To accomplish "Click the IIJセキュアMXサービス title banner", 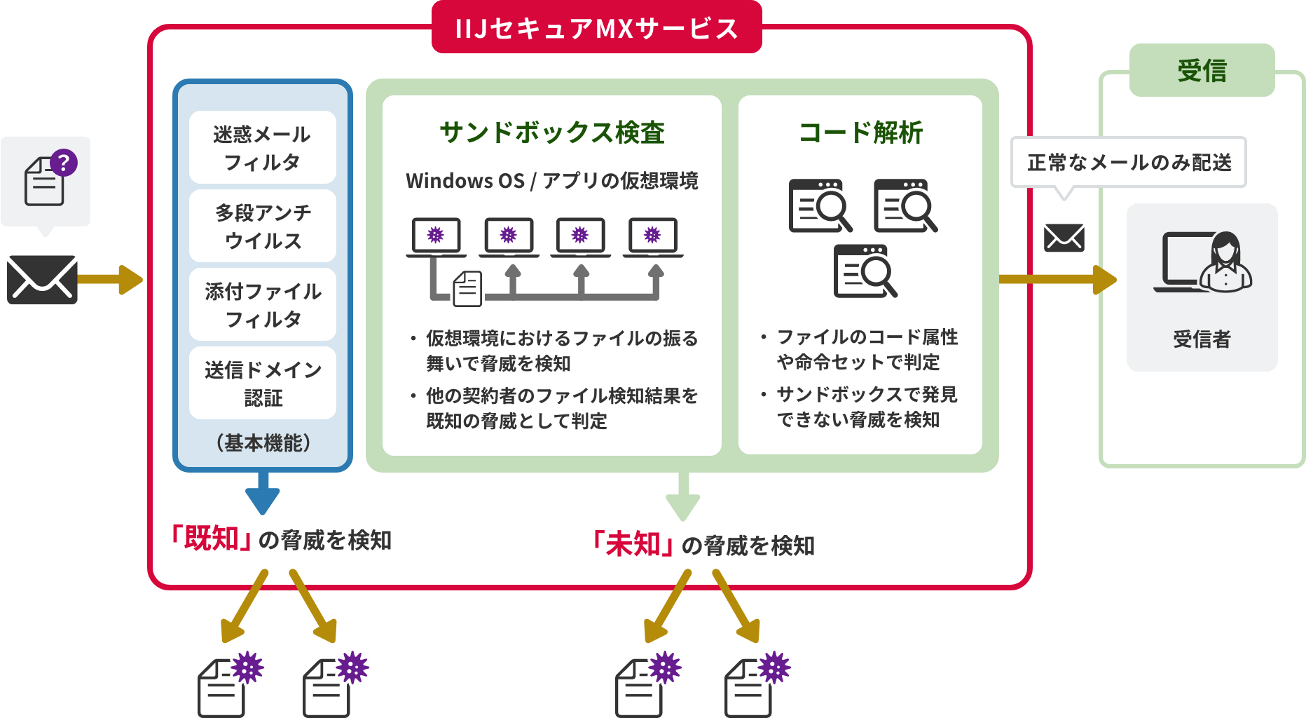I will click(596, 28).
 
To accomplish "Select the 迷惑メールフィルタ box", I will click(262, 148).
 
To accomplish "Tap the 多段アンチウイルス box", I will click(262, 226).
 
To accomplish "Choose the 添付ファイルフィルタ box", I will click(262, 305).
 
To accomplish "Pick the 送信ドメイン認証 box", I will click(262, 384).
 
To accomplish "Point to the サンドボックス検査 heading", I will click(552, 133).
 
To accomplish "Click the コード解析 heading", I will click(860, 133).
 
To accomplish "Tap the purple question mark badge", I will click(64, 163).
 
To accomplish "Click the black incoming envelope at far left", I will click(42, 279).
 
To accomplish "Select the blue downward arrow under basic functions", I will click(263, 493).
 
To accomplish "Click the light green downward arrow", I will click(683, 496).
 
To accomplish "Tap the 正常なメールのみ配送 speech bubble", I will click(1128, 163).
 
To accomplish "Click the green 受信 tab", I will click(1202, 71).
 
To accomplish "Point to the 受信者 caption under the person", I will click(1202, 339).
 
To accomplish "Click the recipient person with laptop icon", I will click(1202, 262).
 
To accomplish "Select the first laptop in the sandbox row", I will click(436, 237).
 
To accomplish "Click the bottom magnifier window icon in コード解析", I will click(865, 271).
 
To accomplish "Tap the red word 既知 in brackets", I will click(212, 538).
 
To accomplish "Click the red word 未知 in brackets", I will click(633, 544).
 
